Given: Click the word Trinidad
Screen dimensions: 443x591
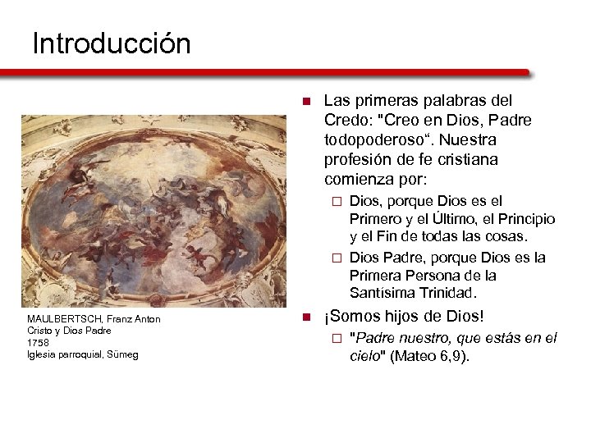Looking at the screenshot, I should (447, 292).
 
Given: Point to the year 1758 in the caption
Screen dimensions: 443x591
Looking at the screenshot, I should (38, 342).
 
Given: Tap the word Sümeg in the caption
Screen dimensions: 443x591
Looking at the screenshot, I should (122, 354).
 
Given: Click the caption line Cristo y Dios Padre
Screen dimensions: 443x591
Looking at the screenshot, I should (69, 331).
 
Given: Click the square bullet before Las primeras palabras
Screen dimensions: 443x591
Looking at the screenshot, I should (305, 102).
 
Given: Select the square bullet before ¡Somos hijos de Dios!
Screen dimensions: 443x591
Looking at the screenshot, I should (305, 317).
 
